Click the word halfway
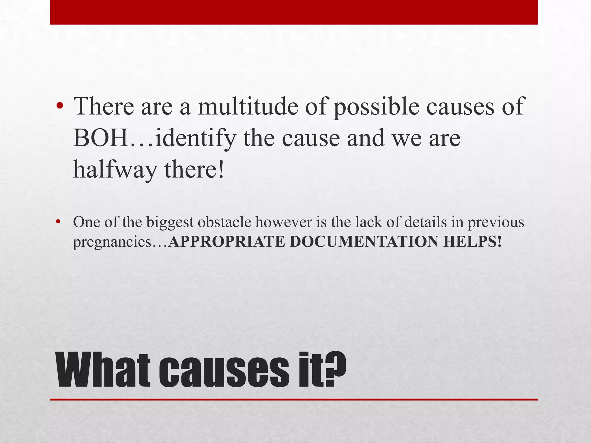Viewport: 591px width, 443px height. (115, 170)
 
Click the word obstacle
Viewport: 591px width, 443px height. (225, 222)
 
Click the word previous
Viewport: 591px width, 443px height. (496, 223)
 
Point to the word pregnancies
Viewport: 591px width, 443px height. (112, 242)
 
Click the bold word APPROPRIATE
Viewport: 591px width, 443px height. (227, 241)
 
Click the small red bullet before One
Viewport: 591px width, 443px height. (58, 222)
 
